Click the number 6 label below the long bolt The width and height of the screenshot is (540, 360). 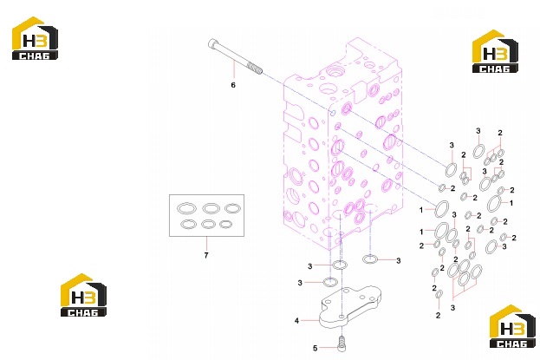tap(233, 85)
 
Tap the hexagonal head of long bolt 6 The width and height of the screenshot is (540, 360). tap(211, 44)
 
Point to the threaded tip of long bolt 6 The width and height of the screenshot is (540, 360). tap(258, 69)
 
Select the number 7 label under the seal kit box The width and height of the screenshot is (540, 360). tap(206, 256)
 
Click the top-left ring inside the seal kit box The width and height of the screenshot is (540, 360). tap(186, 208)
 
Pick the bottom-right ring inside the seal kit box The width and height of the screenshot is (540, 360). tap(226, 225)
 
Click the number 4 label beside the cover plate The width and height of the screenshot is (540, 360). tap(296, 321)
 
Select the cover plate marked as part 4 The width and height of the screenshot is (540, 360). tap(350, 306)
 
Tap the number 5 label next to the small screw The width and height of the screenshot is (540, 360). tap(315, 348)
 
